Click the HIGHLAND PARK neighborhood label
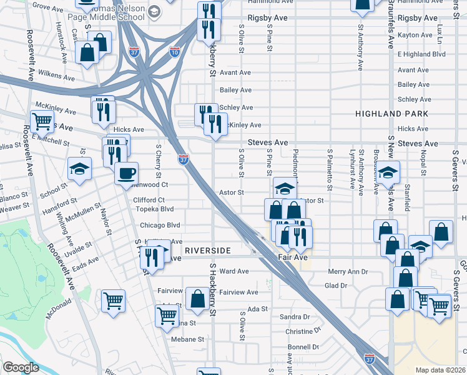point(391,114)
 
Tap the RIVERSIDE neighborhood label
point(208,250)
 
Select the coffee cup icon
point(127,173)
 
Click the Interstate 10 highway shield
point(175,52)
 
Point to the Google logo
point(21,367)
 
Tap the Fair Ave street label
point(293,257)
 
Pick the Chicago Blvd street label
point(160,225)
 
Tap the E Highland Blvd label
point(423,54)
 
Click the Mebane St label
point(188,339)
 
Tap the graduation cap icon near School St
point(80,169)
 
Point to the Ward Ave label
point(234,271)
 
